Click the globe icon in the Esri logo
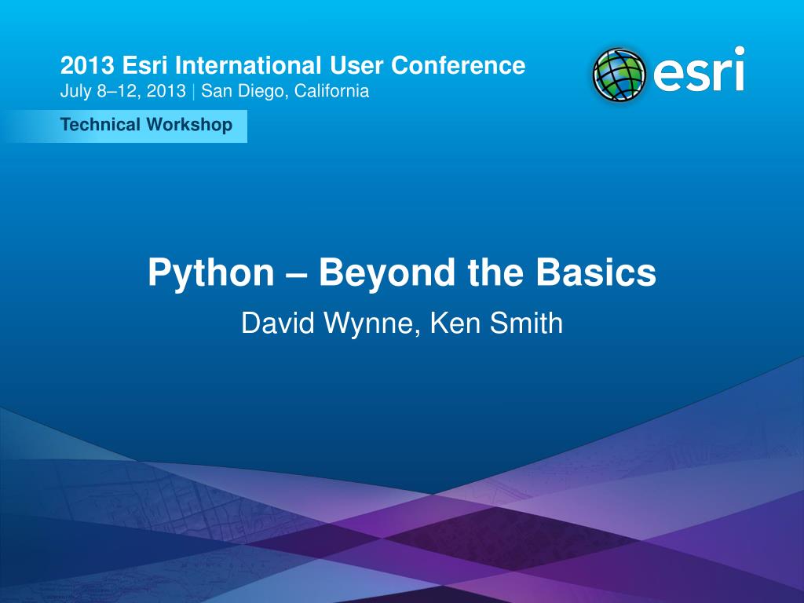619,75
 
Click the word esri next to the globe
697,72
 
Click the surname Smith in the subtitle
525,323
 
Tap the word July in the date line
75,91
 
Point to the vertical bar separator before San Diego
194,91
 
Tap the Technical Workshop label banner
146,126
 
